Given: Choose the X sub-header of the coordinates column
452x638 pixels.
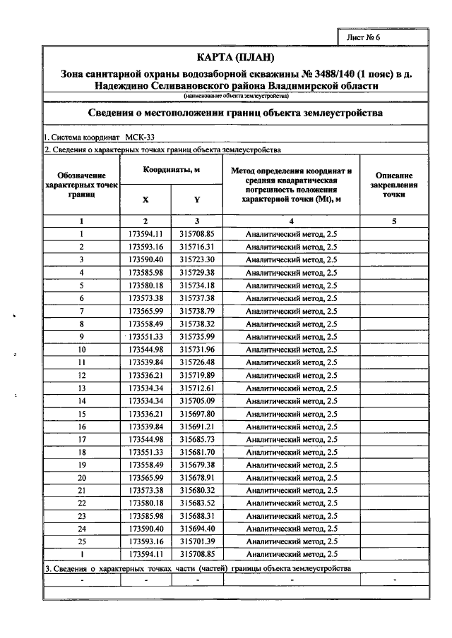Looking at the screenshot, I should (145, 200).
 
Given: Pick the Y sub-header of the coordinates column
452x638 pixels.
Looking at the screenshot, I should (196, 200).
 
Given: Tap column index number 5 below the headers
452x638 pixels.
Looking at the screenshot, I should (394, 221).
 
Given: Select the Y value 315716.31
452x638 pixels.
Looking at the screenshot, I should (196, 247).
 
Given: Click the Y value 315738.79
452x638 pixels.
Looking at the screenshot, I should (196, 311).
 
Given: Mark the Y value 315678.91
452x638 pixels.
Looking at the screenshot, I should (196, 478).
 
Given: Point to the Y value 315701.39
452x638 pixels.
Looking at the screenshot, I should (196, 541).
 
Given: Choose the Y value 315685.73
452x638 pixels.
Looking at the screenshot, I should (196, 439).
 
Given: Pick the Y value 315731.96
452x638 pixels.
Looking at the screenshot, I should (196, 350).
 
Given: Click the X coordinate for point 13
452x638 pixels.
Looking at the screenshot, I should (146, 388).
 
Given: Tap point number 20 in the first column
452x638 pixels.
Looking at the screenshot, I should (82, 478).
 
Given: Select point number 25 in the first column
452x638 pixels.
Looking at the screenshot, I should (82, 541).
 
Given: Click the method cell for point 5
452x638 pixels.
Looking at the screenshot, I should (291, 286).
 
